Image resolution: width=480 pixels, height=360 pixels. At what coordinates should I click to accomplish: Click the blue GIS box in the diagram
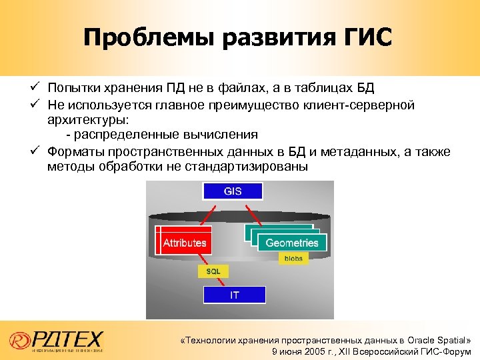233,191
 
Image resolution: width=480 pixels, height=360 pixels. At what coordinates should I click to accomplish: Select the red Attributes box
185,243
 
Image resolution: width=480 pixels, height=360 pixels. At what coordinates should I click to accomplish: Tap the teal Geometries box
292,243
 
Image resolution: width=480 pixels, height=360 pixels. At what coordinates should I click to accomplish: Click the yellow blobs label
293,259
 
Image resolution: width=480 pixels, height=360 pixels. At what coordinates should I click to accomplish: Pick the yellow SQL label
213,271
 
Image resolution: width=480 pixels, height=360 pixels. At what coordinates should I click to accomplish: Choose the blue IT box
234,295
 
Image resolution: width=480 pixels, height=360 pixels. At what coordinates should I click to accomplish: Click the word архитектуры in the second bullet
88,121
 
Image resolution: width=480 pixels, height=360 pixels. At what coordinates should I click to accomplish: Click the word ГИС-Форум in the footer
447,351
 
